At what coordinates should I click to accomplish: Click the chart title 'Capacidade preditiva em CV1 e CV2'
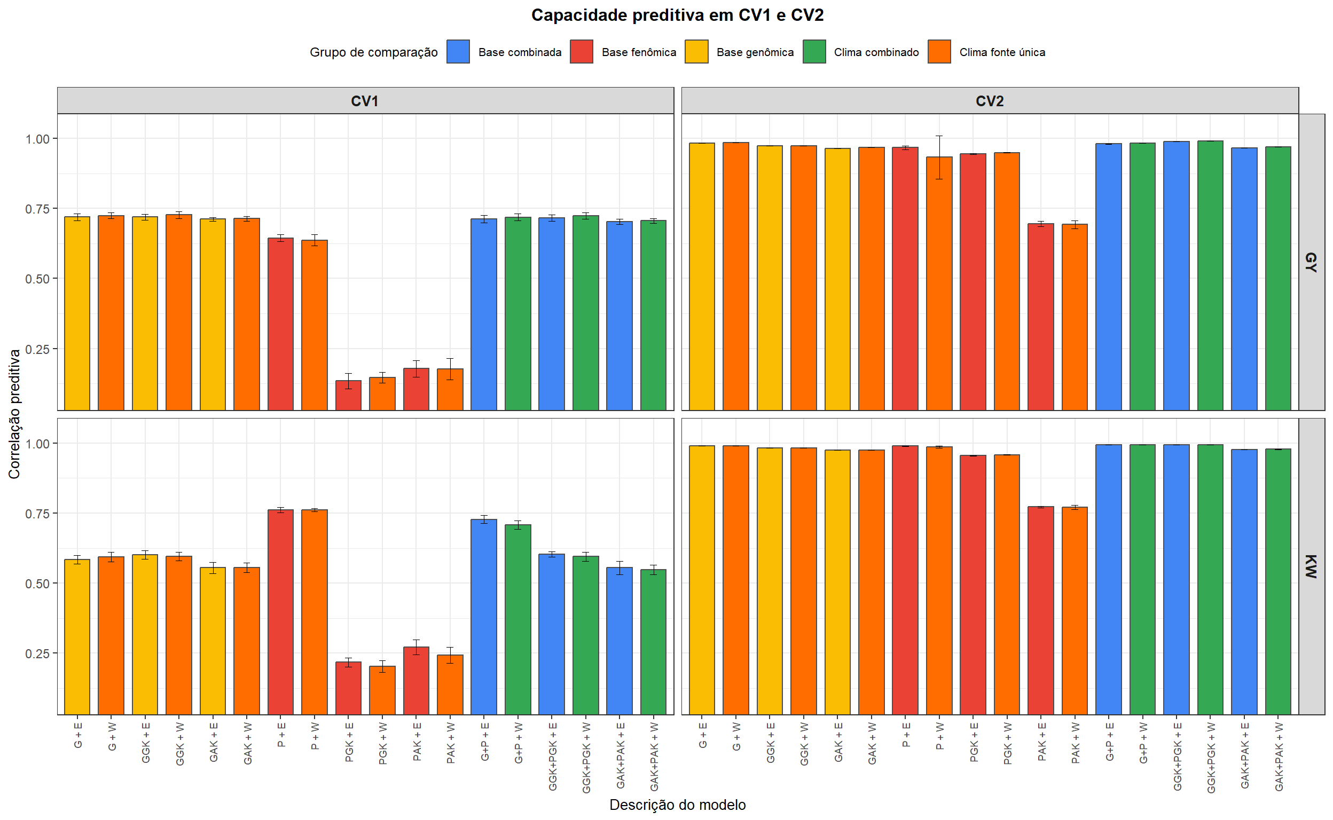click(677, 15)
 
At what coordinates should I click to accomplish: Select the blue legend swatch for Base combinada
click(458, 52)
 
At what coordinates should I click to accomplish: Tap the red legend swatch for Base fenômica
click(581, 52)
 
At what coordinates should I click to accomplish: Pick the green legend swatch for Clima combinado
click(814, 52)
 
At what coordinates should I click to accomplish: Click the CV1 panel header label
click(365, 101)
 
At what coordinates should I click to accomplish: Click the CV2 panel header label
click(989, 101)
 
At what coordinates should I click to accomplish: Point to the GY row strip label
click(1310, 262)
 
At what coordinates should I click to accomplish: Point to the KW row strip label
click(1310, 566)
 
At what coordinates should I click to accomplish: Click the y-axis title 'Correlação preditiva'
click(14, 414)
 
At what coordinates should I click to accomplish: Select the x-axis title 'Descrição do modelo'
click(677, 805)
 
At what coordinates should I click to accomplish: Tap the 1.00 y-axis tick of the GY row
click(37, 139)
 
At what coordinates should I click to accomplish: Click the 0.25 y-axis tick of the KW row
click(37, 654)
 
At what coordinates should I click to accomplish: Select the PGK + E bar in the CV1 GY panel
click(348, 396)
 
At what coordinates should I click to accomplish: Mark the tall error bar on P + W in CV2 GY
click(939, 157)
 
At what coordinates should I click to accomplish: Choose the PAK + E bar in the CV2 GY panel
click(1040, 317)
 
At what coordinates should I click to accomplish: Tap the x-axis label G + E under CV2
click(703, 736)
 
